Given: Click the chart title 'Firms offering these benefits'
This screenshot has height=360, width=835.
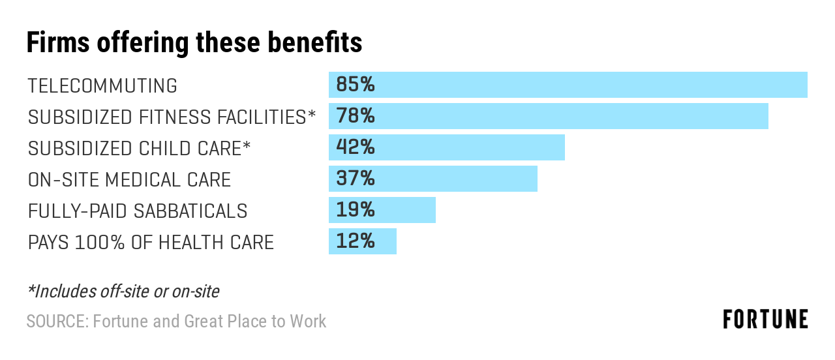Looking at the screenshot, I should (x=194, y=43).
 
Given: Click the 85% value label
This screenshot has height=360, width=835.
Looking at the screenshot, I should (x=356, y=85).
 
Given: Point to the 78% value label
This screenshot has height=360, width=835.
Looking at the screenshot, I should (x=356, y=116).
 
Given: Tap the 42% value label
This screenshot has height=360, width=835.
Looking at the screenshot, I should (x=356, y=147).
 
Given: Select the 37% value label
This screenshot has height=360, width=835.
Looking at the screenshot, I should (x=356, y=179).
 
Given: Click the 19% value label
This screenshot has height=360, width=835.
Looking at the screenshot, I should (x=356, y=210).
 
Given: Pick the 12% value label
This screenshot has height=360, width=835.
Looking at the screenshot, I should (x=356, y=241).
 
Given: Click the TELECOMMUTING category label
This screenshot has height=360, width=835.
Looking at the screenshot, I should (x=102, y=85).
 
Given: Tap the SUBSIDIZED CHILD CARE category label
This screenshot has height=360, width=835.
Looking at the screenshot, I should (x=139, y=148).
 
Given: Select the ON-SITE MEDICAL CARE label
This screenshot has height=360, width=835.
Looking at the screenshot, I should (x=129, y=179).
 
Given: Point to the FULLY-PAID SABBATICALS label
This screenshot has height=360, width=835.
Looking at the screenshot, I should (x=138, y=211).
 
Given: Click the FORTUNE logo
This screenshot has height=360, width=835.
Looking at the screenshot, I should (x=765, y=319).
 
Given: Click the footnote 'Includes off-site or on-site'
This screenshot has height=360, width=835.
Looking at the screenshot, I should (x=123, y=291).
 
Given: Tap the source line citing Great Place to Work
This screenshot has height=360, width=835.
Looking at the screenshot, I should (x=176, y=321).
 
